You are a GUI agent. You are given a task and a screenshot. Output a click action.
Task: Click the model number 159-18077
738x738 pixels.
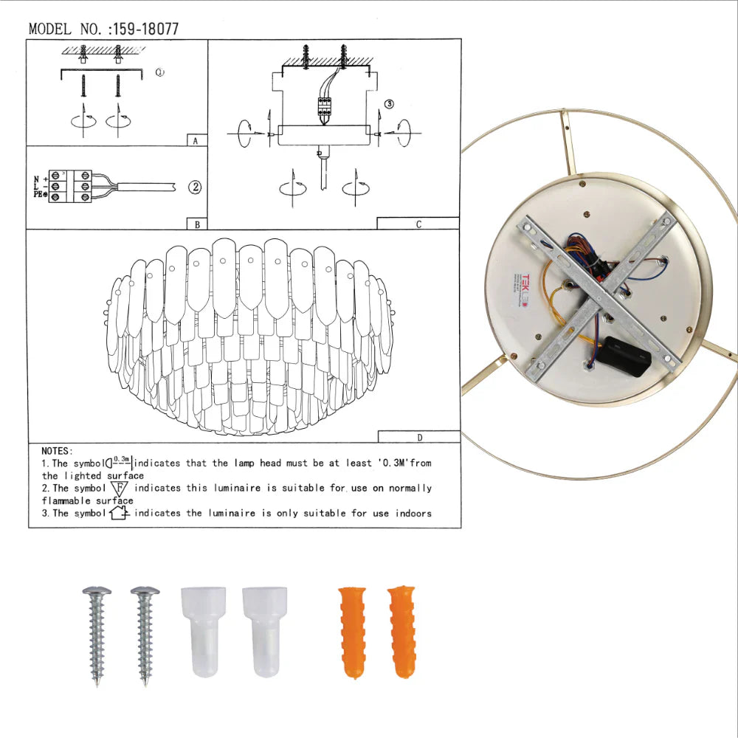tap(144, 30)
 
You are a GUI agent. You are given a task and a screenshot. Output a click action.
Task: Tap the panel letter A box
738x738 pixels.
tap(196, 139)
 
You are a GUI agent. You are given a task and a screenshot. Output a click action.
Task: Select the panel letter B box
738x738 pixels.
tap(196, 224)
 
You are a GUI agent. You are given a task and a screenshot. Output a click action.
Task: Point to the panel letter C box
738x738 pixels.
tap(418, 224)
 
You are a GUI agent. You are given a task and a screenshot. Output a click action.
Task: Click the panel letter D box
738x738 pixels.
tap(418, 438)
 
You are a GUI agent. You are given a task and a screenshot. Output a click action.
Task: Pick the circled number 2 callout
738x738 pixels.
tap(193, 187)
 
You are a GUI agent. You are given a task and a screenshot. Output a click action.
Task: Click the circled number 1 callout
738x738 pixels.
tap(160, 72)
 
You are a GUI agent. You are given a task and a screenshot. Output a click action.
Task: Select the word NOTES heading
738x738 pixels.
tap(57, 450)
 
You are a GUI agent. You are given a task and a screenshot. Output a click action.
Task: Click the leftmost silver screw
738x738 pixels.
tap(96, 634)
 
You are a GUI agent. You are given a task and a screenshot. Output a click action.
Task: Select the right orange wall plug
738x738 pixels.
tap(402, 632)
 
